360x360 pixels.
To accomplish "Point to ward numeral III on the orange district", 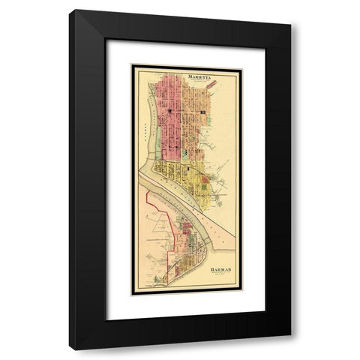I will coord(202,112).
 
